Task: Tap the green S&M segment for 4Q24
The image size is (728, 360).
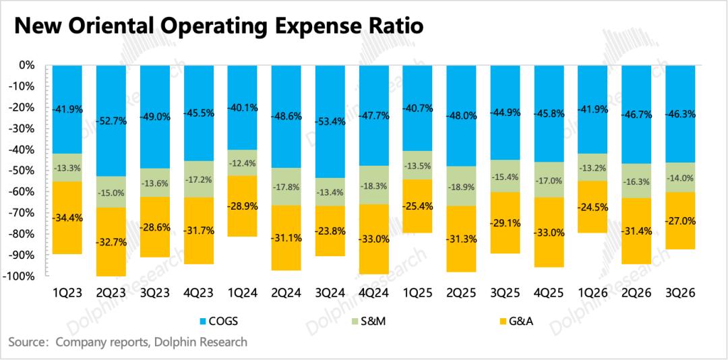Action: tap(373, 185)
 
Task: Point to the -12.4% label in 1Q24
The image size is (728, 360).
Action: tap(242, 162)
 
